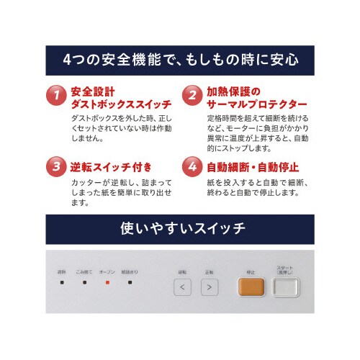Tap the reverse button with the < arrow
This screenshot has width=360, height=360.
pyautogui.click(x=182, y=288)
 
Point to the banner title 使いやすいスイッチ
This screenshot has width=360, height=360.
pyautogui.click(x=180, y=229)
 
